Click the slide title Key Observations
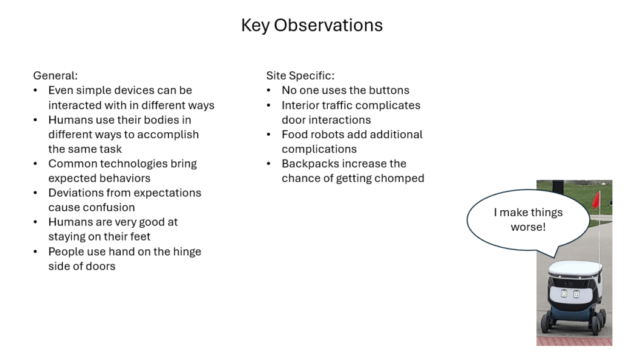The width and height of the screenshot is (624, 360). (311, 25)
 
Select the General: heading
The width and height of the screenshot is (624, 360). (55, 76)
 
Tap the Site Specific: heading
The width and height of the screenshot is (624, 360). (300, 76)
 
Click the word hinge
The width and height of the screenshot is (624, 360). (187, 252)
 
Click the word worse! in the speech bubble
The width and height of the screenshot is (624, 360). (528, 227)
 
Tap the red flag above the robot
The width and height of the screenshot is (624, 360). (596, 199)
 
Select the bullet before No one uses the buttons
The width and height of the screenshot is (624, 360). (269, 91)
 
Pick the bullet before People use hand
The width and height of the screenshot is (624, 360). (35, 252)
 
